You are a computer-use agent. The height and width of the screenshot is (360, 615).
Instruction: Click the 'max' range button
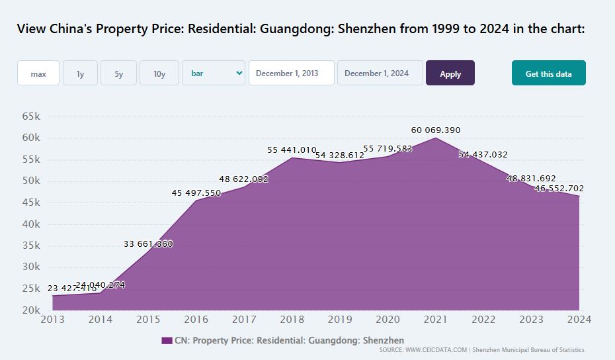(x=38, y=73)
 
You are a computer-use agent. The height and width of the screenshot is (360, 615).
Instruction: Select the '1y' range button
(x=80, y=73)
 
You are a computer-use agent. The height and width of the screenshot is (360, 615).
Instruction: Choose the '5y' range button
(x=118, y=73)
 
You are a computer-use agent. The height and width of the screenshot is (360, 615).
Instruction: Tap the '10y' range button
(x=159, y=73)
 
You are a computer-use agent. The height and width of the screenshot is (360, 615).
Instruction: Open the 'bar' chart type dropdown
(x=214, y=73)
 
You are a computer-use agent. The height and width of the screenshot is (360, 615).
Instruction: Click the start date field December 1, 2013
(x=292, y=73)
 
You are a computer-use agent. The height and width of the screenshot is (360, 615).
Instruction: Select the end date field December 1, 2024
(x=380, y=73)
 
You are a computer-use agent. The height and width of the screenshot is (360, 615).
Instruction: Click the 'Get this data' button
(x=548, y=73)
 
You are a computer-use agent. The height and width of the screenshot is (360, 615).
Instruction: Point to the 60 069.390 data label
(x=435, y=130)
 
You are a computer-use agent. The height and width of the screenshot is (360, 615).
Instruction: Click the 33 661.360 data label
(x=148, y=244)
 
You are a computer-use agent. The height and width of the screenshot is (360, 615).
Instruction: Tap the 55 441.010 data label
(x=292, y=150)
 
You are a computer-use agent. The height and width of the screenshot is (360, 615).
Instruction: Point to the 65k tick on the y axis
(x=31, y=116)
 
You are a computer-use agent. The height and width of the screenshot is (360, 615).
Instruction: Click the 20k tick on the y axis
(x=31, y=310)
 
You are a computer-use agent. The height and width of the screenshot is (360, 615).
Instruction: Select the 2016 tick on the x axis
(x=196, y=320)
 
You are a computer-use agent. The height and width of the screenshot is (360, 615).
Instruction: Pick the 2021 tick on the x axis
(x=436, y=320)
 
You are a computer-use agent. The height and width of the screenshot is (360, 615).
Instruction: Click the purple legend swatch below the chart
(x=167, y=340)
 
